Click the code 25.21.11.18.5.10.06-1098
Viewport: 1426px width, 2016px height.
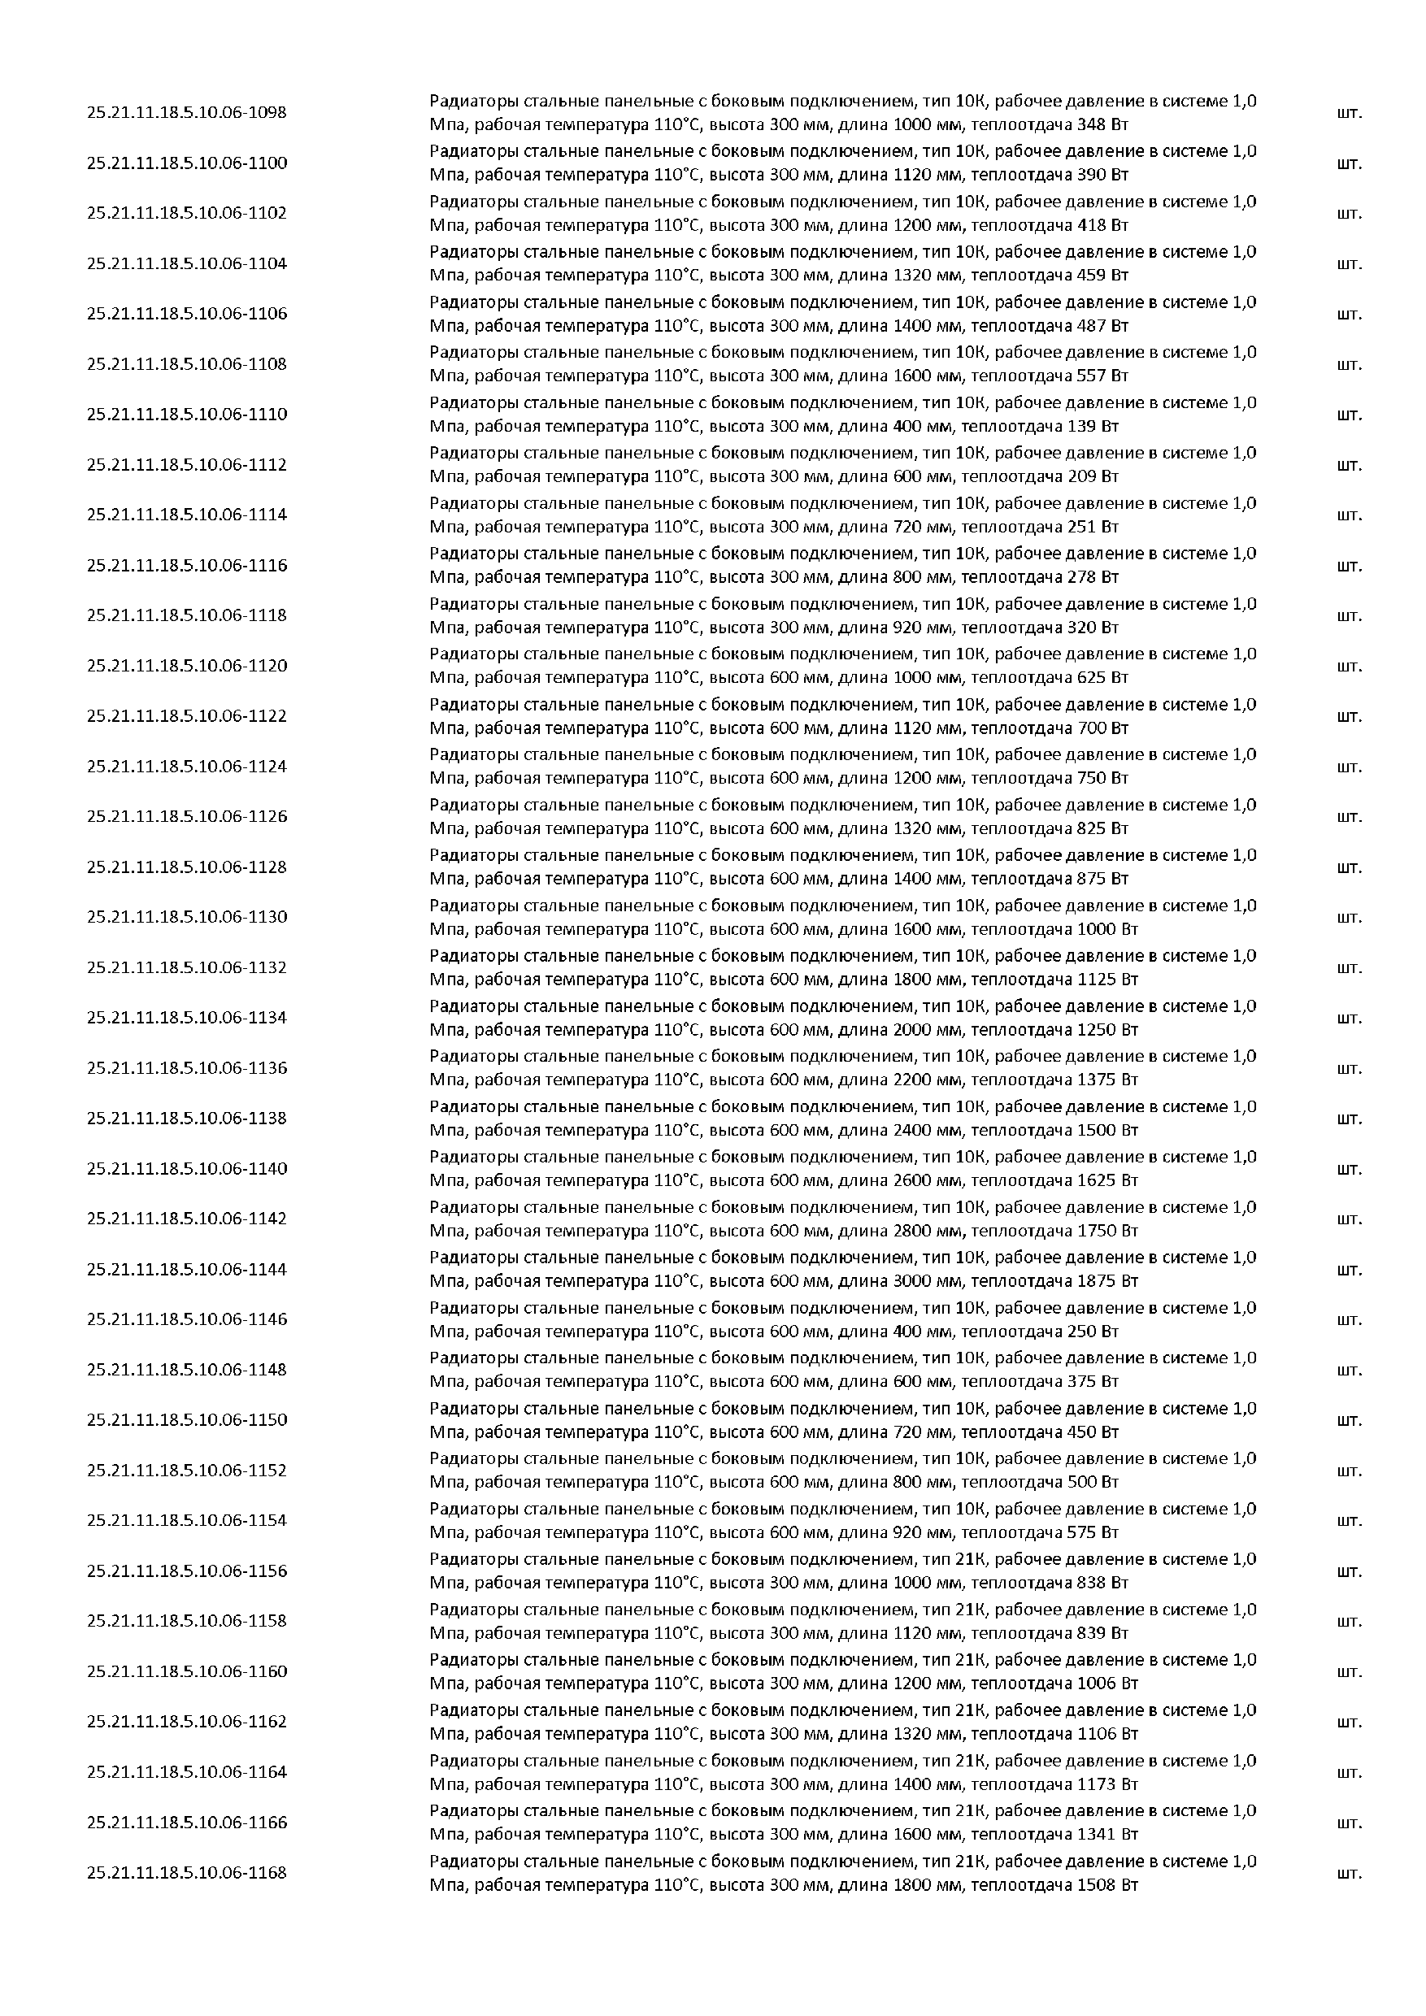click(186, 112)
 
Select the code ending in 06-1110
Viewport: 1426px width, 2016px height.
click(186, 415)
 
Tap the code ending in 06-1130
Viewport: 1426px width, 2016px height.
click(186, 917)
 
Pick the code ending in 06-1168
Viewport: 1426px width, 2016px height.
click(186, 1872)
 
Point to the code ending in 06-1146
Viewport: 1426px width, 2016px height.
click(186, 1319)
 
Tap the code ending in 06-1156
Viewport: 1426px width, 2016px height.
click(186, 1571)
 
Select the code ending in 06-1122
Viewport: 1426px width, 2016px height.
click(186, 715)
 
